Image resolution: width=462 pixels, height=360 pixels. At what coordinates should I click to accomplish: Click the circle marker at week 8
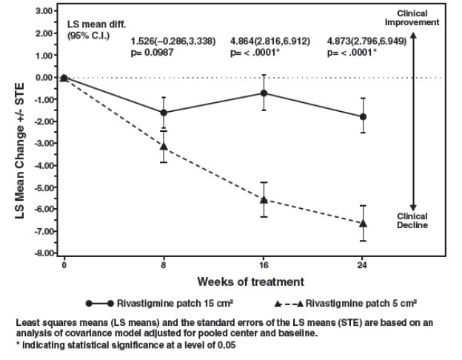(164, 113)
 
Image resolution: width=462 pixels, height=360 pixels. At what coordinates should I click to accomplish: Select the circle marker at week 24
(363, 117)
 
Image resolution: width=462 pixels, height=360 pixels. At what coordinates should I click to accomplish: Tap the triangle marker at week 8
(164, 146)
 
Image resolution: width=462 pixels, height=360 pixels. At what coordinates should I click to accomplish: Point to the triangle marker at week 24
(363, 223)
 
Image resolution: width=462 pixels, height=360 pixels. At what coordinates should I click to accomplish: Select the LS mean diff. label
(93, 24)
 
